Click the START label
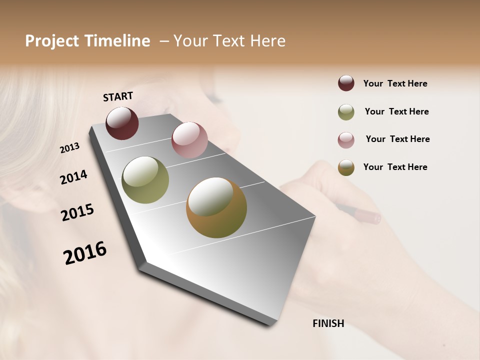[118, 96]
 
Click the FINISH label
[328, 323]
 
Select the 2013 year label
[70, 147]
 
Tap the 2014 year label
[73, 177]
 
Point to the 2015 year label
[77, 212]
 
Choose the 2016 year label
[85, 252]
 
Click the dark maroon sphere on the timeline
[122, 123]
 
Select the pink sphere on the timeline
[189, 140]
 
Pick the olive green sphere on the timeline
[145, 180]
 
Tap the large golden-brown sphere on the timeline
[216, 207]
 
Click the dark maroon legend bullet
[346, 83]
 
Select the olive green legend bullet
[346, 112]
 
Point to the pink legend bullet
[346, 140]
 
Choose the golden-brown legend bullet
[346, 167]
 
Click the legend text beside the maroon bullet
[395, 83]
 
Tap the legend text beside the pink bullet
[397, 139]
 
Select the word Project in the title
[51, 41]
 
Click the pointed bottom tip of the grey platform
[270, 324]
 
